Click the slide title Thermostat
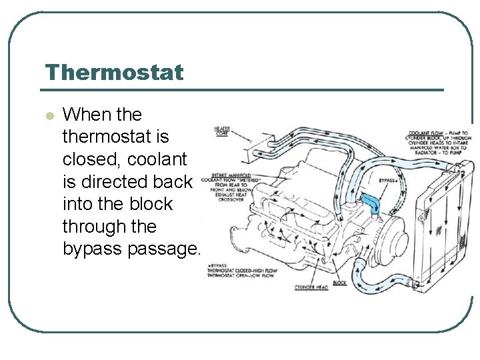[114, 72]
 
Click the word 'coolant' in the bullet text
[161, 159]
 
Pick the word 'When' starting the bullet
[85, 114]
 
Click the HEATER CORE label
[223, 131]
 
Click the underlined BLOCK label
[340, 283]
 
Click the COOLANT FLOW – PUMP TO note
[439, 132]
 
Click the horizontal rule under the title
[244, 89]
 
